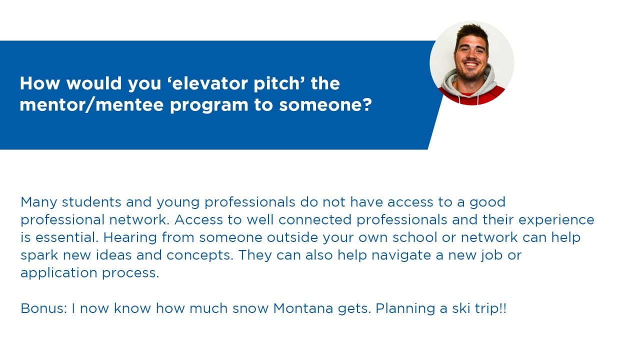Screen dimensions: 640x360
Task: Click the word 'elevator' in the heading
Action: [x=212, y=83]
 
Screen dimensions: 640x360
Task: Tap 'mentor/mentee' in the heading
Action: [x=91, y=105]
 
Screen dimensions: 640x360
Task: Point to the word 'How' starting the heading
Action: [x=39, y=83]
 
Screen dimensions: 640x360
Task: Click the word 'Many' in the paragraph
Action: [x=39, y=203]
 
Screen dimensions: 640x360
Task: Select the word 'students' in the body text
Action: [x=91, y=202]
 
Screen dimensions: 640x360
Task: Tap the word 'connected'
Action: [x=315, y=219]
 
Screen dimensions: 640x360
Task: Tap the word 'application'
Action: [x=59, y=273]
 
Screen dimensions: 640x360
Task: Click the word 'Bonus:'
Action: [x=43, y=308]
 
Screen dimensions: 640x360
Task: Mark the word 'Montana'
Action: [x=303, y=308]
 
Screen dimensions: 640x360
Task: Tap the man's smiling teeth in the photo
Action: [x=470, y=64]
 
